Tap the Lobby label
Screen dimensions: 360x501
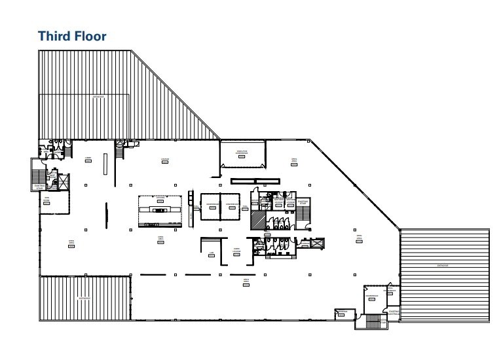(x=88, y=158)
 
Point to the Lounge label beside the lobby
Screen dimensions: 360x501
(x=166, y=159)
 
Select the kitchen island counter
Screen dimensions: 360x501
(x=159, y=209)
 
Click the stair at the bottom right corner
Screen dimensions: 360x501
(x=375, y=321)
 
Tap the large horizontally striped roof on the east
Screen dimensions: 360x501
(x=445, y=275)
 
